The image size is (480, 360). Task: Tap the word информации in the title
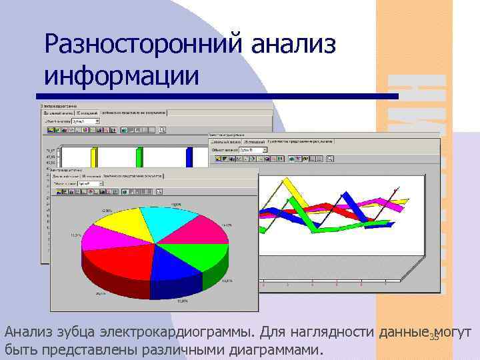pyautogui.click(x=121, y=75)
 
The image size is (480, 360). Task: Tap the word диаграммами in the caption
pyautogui.click(x=275, y=350)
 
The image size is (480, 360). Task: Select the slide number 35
pyautogui.click(x=434, y=337)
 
